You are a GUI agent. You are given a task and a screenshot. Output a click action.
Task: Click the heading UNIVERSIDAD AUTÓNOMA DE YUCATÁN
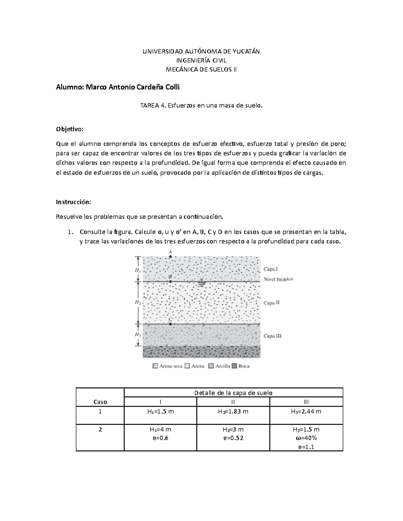(x=201, y=51)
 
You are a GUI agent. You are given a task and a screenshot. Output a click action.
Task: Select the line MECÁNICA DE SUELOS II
(x=201, y=69)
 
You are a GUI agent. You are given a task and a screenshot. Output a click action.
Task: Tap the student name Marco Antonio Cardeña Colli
(x=133, y=87)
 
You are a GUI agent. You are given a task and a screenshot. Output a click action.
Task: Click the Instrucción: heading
(x=73, y=202)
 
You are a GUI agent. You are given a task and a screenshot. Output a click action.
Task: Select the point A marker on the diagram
(x=170, y=257)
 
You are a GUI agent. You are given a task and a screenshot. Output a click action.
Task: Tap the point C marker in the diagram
(x=171, y=324)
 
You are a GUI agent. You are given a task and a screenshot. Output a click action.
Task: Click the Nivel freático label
(x=278, y=279)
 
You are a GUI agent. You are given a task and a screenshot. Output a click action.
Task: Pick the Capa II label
(x=271, y=303)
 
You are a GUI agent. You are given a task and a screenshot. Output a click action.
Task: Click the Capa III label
(x=272, y=336)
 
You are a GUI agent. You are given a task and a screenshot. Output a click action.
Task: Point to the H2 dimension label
(x=138, y=302)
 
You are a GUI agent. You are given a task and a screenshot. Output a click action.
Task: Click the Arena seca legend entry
(x=168, y=366)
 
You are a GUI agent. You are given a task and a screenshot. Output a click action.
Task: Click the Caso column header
(x=100, y=402)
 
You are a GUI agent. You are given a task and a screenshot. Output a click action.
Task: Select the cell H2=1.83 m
(x=233, y=411)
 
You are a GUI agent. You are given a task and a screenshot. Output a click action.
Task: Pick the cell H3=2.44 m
(x=306, y=411)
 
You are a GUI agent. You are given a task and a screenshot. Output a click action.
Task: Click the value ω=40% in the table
(x=306, y=438)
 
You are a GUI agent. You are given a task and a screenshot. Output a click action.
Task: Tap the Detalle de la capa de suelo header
(x=233, y=393)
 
